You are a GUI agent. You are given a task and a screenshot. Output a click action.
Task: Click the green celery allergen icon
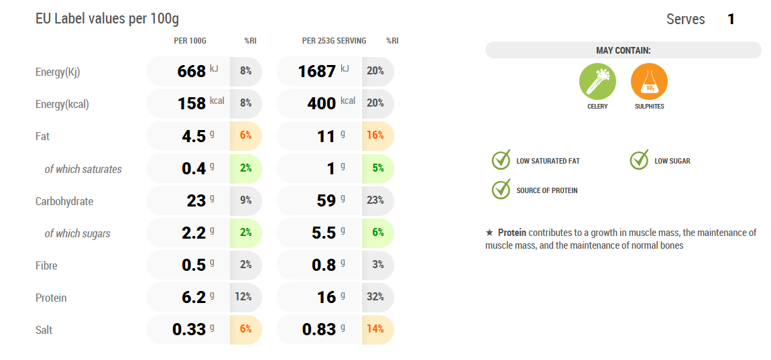[597, 82]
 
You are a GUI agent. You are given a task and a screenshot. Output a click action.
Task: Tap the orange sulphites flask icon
[649, 82]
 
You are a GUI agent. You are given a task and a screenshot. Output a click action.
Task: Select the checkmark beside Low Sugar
[639, 160]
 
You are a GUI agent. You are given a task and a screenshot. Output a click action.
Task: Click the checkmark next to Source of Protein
[501, 190]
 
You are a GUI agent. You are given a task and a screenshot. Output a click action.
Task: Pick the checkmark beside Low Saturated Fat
[501, 160]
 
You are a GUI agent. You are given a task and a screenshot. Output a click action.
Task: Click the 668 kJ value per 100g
[192, 71]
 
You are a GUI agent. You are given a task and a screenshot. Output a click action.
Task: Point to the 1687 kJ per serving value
[316, 71]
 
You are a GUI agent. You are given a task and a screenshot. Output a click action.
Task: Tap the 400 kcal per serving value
[322, 103]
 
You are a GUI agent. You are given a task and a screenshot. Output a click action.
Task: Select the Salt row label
[44, 330]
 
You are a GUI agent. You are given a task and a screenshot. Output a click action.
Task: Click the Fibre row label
[46, 265]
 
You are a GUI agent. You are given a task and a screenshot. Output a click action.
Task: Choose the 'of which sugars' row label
[77, 233]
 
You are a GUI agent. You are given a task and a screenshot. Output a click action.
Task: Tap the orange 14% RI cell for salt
[375, 329]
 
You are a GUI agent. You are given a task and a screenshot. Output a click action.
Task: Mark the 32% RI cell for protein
[375, 297]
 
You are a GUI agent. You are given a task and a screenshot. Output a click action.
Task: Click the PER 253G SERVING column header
[334, 41]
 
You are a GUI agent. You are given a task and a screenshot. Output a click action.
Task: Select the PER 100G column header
[190, 41]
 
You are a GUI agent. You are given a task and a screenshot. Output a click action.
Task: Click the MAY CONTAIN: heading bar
[623, 50]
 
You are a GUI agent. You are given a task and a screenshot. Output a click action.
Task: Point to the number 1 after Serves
[731, 19]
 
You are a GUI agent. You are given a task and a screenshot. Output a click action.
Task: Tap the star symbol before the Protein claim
[489, 233]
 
